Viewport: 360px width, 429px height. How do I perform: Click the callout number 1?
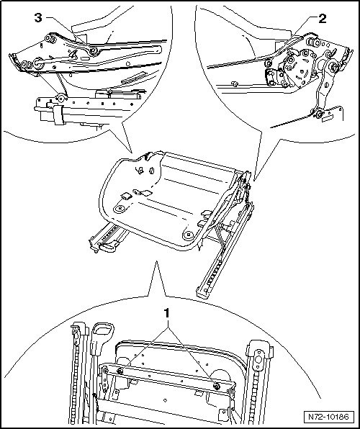[167, 313]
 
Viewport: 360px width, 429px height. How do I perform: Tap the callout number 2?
[322, 19]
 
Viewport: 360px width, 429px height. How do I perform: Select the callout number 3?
[38, 18]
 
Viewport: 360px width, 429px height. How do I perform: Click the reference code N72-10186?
[328, 417]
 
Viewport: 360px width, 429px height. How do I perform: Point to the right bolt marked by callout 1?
[217, 386]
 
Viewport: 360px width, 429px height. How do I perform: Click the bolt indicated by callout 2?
[268, 63]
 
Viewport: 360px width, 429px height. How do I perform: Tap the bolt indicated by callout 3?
[94, 50]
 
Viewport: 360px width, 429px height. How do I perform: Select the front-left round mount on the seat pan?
[120, 209]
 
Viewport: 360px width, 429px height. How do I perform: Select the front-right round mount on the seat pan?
[189, 235]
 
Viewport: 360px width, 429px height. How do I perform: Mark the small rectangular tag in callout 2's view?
[327, 119]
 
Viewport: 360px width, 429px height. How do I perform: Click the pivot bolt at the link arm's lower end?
[318, 114]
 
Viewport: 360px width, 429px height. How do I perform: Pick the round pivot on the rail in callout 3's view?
[60, 98]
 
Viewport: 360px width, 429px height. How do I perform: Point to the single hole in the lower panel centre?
[165, 400]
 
